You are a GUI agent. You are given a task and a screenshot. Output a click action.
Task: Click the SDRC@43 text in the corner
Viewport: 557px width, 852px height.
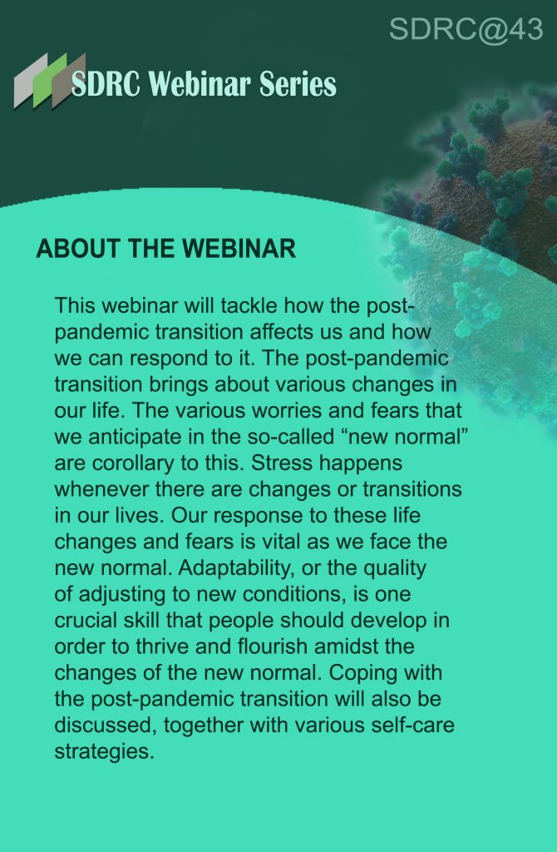tap(466, 29)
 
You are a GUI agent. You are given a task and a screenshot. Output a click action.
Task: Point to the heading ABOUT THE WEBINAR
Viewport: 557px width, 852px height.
tap(166, 249)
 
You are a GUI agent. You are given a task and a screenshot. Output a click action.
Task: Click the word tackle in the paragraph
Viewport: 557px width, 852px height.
tap(249, 305)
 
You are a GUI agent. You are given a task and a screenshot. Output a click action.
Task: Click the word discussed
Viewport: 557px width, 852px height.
tap(106, 726)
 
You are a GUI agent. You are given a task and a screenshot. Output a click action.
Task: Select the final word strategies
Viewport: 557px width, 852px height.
tap(105, 752)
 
